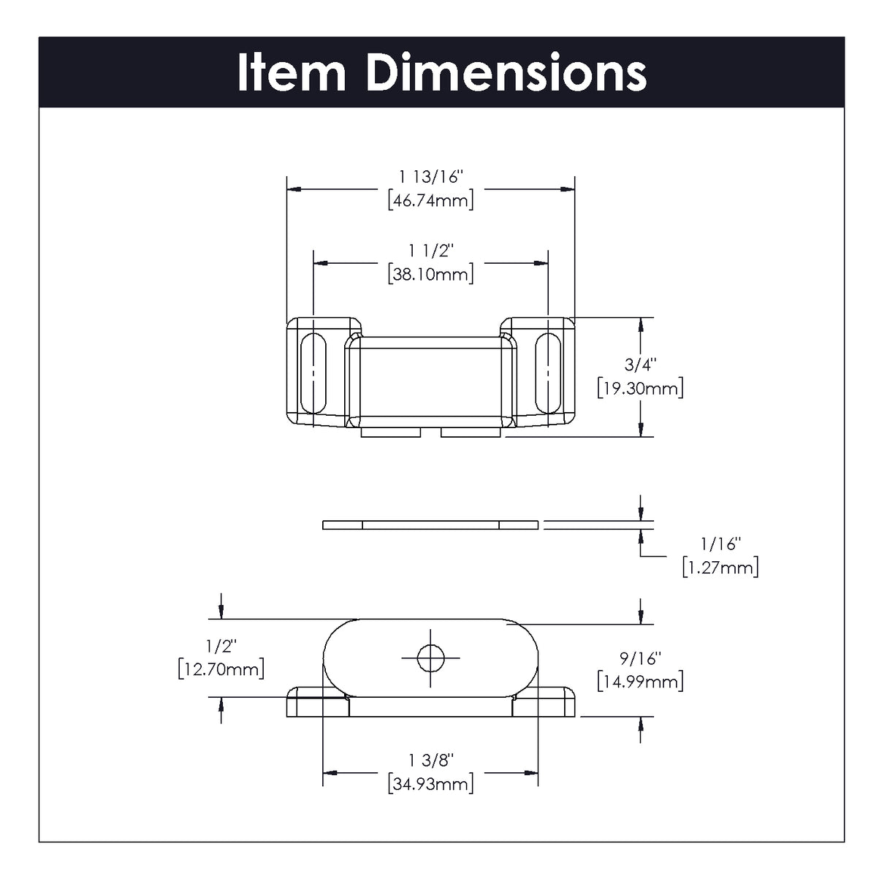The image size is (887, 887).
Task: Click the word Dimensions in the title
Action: pos(506,72)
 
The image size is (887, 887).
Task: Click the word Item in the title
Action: pos(292,72)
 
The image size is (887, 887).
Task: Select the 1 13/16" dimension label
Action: pos(431,177)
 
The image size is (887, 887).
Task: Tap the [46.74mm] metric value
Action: pos(431,199)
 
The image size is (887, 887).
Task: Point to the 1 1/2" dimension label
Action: pos(431,251)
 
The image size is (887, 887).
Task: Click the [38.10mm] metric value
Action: pos(431,274)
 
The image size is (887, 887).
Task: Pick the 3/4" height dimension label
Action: pos(640,364)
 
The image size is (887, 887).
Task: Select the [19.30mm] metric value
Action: pos(640,387)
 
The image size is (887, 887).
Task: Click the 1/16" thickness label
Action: pos(720,544)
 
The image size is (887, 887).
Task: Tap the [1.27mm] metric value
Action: pos(720,567)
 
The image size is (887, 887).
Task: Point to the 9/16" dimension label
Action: pos(640,658)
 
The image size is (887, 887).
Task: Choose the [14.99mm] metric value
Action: pos(640,682)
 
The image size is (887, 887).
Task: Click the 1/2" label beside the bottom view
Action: pos(221,646)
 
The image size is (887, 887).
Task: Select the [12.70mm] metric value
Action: pos(221,669)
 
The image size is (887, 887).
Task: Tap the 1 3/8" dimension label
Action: pos(431,761)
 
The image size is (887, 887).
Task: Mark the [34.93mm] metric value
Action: pos(431,784)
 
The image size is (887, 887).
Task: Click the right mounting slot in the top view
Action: pos(547,373)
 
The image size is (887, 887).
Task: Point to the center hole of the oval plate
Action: pos(430,658)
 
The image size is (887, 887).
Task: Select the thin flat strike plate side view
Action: pos(430,524)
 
